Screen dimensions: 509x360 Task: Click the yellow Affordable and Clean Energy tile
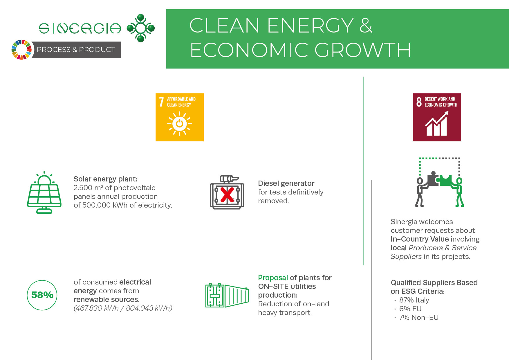coord(180,117)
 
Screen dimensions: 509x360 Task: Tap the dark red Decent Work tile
coord(437,117)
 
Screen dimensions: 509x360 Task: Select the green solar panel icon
coord(44,192)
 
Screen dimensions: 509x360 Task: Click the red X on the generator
coord(227,195)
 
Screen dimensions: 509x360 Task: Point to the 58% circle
coord(42,295)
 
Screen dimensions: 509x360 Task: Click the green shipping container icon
coord(227,295)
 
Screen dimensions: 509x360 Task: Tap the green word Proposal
coord(273,278)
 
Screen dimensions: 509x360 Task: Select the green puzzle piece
coord(445,180)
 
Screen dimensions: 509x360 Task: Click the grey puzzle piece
coord(433,179)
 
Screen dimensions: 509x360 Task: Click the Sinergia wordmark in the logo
coord(80,28)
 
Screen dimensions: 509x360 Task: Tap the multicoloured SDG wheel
coord(21,50)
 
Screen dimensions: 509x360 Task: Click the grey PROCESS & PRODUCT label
coord(76,50)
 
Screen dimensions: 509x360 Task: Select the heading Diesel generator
coord(286,183)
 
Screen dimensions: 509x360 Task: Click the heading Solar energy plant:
coord(106,179)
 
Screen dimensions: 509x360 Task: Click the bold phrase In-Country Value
coord(420,239)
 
